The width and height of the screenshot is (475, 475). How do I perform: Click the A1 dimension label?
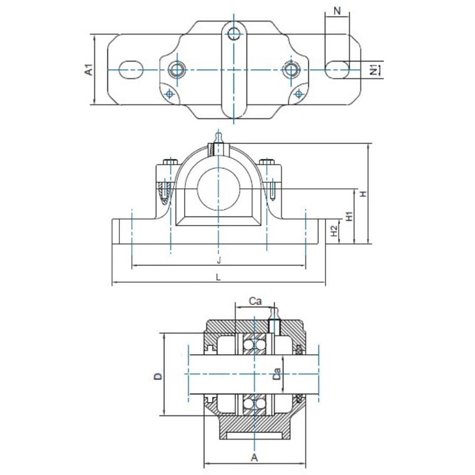point(89,69)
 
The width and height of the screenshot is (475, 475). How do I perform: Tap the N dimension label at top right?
point(337,11)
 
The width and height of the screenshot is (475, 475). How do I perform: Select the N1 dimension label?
point(374,70)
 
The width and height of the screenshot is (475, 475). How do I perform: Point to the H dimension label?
point(363,194)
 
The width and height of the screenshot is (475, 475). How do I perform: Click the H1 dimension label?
point(349,216)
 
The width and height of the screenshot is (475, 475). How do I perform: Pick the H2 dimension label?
point(334,231)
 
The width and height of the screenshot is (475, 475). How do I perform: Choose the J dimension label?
point(218,260)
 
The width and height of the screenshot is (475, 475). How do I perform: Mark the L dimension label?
point(218,277)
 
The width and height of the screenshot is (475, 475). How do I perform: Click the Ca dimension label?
point(255,301)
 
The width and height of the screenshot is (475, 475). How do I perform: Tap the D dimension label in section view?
point(158,376)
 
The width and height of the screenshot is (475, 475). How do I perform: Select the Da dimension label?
point(277,374)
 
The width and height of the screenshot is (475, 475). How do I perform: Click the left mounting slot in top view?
point(131,70)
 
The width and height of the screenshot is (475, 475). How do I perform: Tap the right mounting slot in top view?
point(337,70)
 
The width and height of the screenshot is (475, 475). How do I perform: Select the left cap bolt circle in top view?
point(177,70)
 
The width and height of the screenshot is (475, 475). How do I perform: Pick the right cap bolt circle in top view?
point(291,70)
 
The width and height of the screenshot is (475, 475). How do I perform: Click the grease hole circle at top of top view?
point(234,34)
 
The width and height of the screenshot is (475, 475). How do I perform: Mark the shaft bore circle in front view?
point(218,189)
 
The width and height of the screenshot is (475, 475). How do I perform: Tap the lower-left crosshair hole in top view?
point(169,94)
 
